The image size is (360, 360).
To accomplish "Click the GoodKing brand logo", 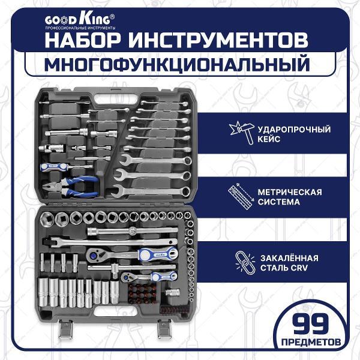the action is (80, 21).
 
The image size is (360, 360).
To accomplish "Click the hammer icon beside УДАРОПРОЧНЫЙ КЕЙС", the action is (242, 133).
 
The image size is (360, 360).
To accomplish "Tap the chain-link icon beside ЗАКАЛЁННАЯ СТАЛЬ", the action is (245, 263).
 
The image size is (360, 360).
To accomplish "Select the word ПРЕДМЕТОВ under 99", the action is (311, 343).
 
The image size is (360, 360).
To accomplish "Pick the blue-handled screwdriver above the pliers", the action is (67, 166).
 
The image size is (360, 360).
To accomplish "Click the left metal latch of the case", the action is (65, 329).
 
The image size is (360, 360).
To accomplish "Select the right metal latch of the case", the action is (165, 329).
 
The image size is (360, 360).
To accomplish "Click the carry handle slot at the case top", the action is (116, 100).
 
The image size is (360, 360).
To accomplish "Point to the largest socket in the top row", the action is (47, 219).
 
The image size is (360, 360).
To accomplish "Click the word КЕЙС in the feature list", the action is (269, 139).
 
